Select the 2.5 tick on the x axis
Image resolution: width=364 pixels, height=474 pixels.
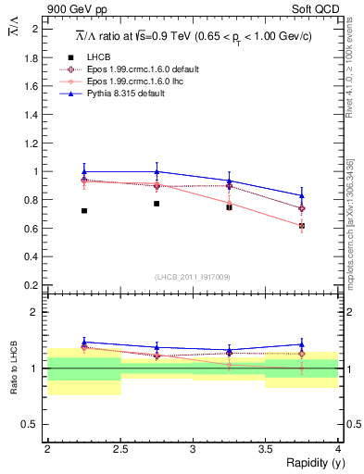[119, 449]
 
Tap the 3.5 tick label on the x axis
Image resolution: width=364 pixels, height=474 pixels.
[265, 449]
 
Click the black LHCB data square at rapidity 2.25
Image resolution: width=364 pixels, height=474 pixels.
[84, 211]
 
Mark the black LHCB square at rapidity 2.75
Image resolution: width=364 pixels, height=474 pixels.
[157, 204]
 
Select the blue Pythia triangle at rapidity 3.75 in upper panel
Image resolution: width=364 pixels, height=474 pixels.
[302, 195]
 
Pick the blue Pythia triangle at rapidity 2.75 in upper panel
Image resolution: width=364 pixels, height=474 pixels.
[157, 171]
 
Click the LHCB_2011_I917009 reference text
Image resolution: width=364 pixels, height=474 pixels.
[192, 277]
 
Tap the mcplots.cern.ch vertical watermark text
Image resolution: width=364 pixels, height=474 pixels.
[351, 222]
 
